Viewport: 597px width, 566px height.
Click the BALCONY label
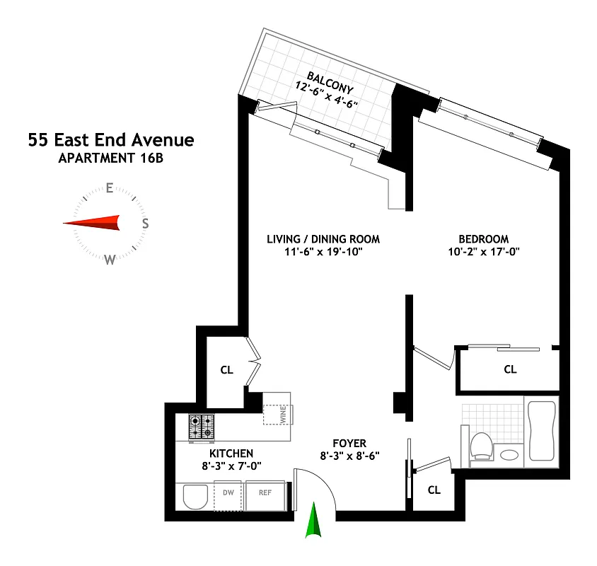tap(330, 81)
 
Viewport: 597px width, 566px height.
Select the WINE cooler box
tap(277, 414)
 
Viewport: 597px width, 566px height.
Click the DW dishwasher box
tap(228, 492)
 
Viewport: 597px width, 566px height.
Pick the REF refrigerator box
tap(265, 492)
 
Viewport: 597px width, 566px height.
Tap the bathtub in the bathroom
tap(541, 432)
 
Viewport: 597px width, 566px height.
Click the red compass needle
tap(92, 223)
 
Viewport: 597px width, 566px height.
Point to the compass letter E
tap(110, 187)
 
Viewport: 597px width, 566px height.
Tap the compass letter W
tap(110, 260)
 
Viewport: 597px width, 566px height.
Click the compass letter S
tap(145, 224)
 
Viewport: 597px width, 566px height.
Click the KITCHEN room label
tap(231, 453)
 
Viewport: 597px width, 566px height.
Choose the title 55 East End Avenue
tap(111, 139)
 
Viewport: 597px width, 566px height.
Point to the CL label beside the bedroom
tap(510, 369)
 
